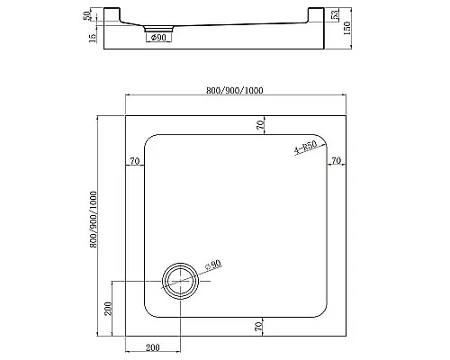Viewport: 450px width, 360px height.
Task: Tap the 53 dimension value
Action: click(336, 17)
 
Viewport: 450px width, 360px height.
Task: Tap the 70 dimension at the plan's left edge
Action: click(134, 161)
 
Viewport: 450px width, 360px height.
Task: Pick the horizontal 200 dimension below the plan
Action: click(151, 347)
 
